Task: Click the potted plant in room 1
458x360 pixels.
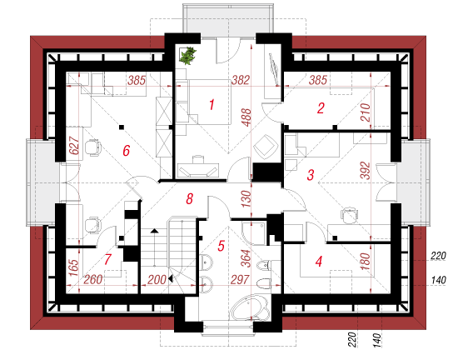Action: point(187,55)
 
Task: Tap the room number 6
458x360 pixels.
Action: point(126,151)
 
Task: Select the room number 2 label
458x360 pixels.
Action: point(321,108)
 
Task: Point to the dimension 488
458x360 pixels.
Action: point(246,117)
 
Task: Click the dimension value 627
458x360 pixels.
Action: point(74,145)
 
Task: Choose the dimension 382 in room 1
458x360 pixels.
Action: point(241,80)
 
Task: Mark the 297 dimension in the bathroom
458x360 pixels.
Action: point(240,279)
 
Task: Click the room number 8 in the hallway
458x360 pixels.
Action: point(190,199)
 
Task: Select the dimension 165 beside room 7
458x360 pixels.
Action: point(74,267)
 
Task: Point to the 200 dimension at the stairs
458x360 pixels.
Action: point(157,280)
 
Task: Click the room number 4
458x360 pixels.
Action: point(319,261)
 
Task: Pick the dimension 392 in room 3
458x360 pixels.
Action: point(365,170)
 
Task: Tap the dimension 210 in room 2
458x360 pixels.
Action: point(365,112)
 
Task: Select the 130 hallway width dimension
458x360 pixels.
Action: point(246,198)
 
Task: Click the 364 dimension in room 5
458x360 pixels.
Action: point(246,258)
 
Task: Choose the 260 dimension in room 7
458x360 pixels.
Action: point(93,280)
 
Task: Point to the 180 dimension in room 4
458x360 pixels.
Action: point(365,261)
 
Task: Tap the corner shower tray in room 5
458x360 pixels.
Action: point(253,232)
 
